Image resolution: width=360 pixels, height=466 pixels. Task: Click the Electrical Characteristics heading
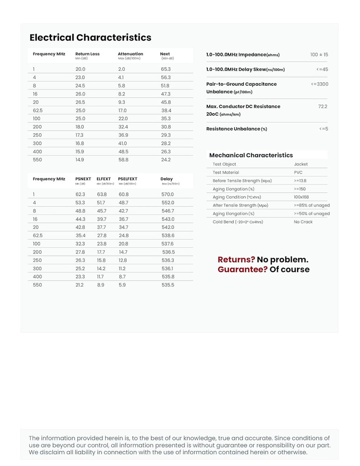(x=90, y=38)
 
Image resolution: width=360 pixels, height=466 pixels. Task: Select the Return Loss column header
(x=88, y=54)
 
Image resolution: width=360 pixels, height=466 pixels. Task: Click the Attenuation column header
(x=130, y=54)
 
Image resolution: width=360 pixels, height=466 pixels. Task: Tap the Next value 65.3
(x=166, y=69)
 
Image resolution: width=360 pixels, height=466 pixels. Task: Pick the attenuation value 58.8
(x=123, y=160)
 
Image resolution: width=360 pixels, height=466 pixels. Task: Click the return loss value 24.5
(x=80, y=86)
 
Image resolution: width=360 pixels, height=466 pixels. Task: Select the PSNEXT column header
(x=83, y=179)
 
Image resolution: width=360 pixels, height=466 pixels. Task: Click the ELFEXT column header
(x=104, y=179)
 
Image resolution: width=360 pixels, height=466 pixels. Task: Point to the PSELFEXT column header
(x=128, y=179)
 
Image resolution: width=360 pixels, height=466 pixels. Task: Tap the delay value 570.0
(x=168, y=194)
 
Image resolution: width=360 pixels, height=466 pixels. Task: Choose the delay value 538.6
(x=168, y=236)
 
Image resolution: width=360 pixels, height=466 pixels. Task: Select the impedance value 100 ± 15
(x=319, y=55)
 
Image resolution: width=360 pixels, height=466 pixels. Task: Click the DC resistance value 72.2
(x=323, y=107)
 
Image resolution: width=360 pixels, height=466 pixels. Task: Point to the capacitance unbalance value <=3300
(x=319, y=84)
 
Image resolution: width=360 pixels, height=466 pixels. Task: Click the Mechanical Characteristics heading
(x=251, y=155)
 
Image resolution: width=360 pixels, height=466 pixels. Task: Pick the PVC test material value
(x=298, y=172)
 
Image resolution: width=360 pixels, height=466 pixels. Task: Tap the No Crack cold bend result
(x=303, y=222)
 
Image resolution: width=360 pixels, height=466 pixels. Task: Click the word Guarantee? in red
(x=243, y=270)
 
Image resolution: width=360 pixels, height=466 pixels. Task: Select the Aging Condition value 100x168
(x=301, y=197)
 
